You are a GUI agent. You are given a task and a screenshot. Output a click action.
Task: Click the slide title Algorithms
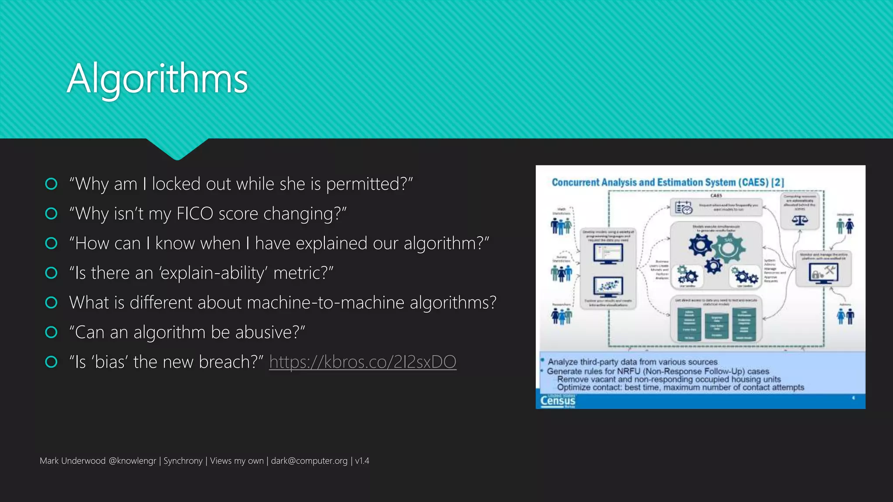[157, 79]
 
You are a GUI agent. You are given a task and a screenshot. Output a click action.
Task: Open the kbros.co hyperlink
[362, 362]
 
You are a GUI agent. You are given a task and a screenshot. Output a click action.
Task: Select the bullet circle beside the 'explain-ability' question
[51, 273]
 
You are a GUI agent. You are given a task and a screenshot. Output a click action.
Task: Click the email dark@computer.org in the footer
[309, 461]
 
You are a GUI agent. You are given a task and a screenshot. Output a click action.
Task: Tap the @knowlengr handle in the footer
[132, 461]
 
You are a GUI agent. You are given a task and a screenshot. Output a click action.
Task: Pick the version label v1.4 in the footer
[362, 461]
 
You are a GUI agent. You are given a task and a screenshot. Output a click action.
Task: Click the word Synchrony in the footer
[183, 461]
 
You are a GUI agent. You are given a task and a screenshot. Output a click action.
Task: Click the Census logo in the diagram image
[558, 401]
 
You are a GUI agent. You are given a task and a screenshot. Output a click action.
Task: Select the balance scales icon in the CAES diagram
[799, 220]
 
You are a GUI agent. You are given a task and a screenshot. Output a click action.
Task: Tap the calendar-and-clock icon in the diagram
[683, 208]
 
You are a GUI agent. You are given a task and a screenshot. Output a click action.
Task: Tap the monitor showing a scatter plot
[608, 287]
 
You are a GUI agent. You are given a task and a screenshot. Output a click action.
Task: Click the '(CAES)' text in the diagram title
[753, 182]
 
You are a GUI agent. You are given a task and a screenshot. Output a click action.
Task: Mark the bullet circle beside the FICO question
[51, 214]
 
